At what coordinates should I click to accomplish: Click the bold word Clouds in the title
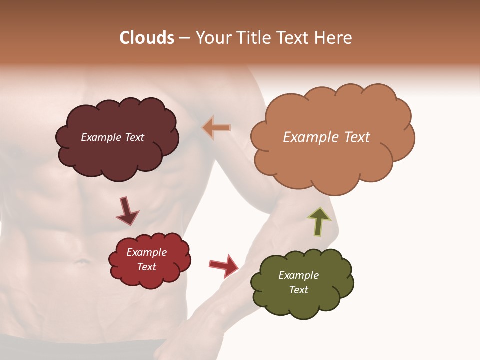(146, 38)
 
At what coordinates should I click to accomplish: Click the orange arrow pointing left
(216, 128)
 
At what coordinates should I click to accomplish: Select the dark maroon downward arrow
(127, 211)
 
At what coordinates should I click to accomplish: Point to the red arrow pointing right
(224, 265)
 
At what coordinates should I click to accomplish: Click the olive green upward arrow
(318, 221)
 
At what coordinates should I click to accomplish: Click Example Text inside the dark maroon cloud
(112, 137)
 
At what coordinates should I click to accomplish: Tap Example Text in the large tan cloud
(326, 137)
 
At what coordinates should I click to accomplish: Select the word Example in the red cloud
(146, 252)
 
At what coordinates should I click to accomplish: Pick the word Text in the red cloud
(146, 267)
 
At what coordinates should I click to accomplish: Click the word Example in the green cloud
(298, 275)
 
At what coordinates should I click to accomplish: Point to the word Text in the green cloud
(298, 290)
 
